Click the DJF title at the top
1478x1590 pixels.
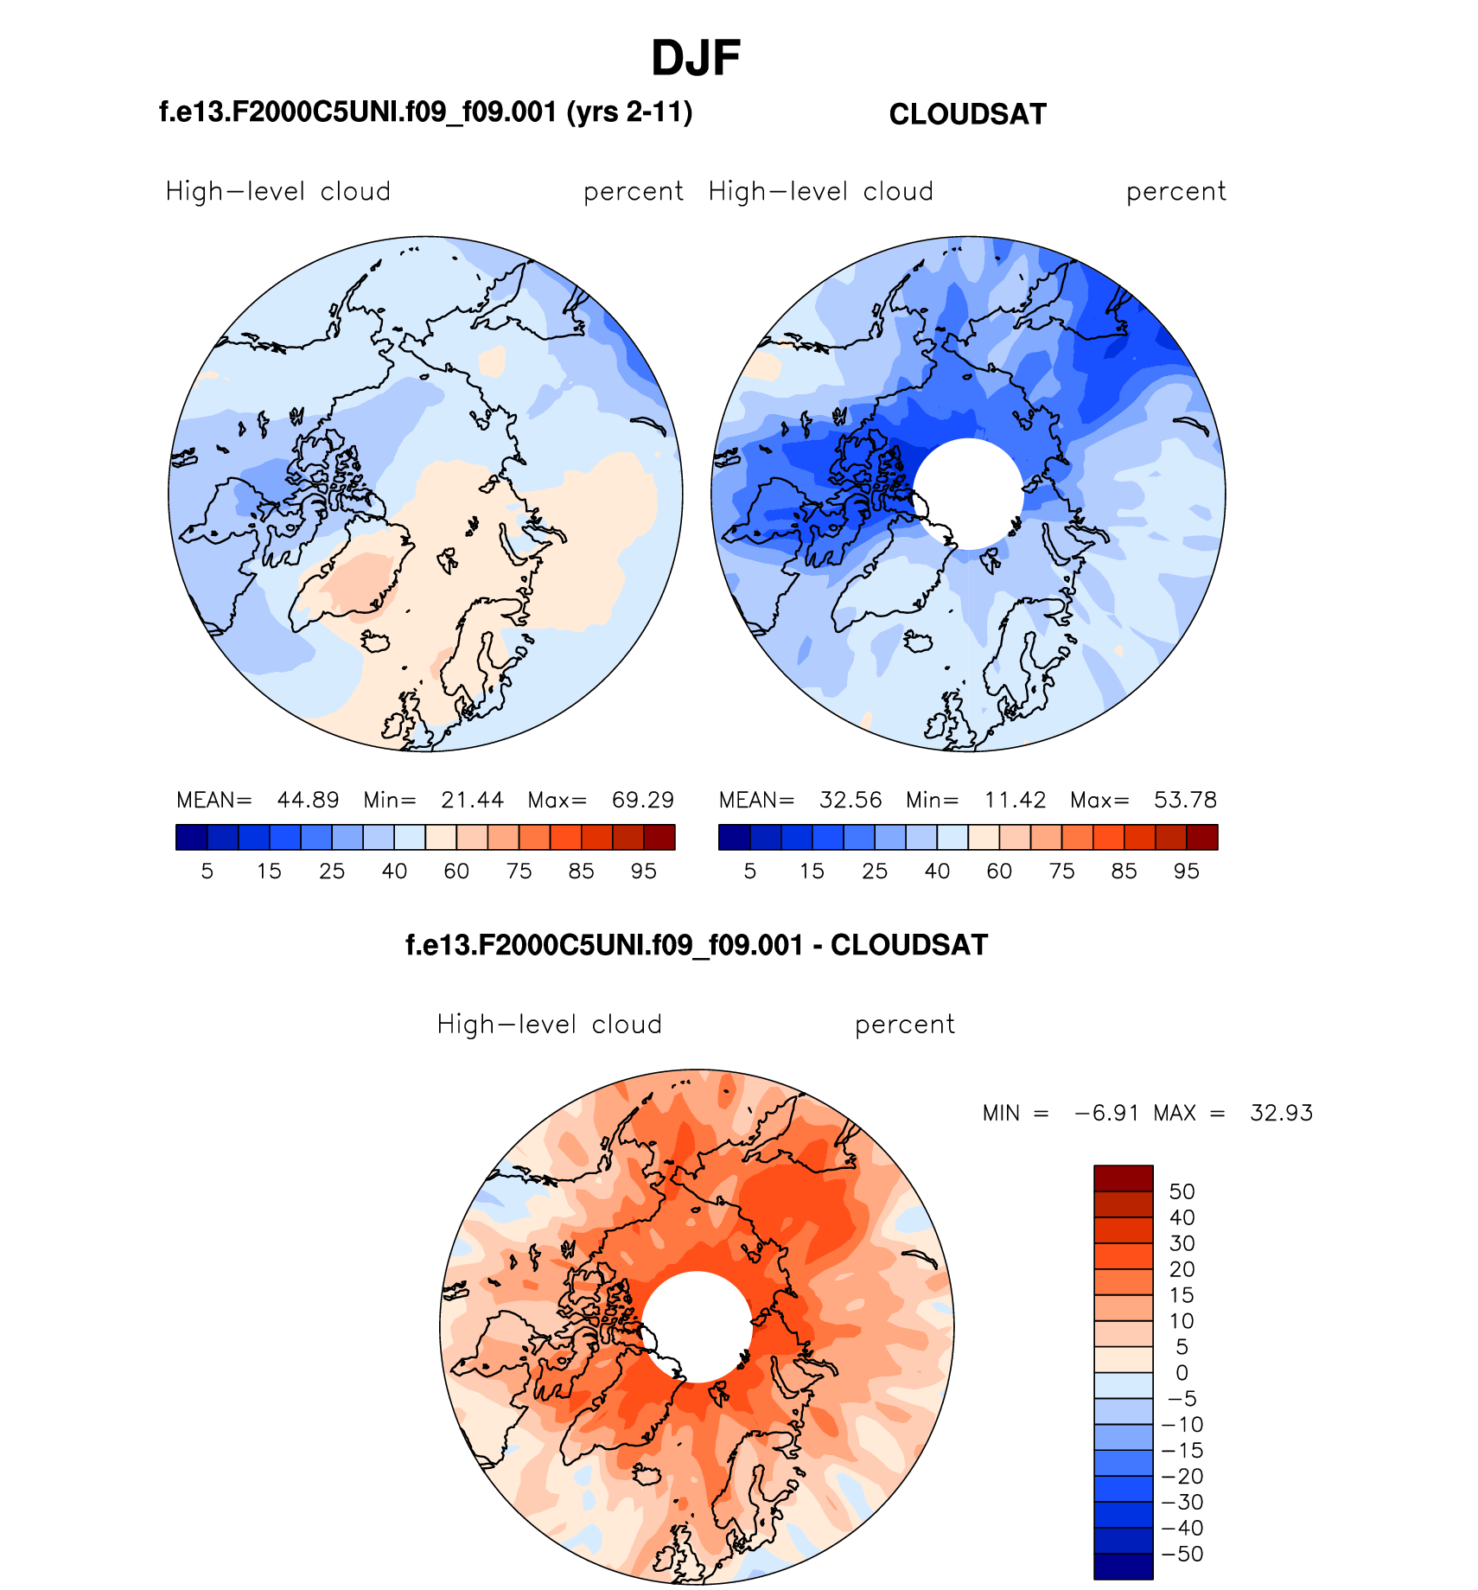point(695,59)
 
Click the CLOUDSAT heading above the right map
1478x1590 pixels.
point(967,114)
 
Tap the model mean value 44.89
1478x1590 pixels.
point(308,800)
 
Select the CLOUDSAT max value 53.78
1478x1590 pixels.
point(1185,800)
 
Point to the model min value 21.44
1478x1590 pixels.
point(472,800)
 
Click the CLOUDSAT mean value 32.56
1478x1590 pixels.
point(850,800)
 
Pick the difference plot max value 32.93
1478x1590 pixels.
point(1281,1113)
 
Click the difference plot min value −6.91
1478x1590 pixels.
point(1106,1113)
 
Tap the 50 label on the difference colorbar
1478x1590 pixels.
point(1182,1191)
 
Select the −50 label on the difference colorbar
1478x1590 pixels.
point(1182,1554)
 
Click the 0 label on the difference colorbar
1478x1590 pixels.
point(1182,1373)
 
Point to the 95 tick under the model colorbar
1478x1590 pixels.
point(644,871)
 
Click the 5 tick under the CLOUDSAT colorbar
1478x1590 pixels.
point(750,871)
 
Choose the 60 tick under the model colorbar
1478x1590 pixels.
point(456,871)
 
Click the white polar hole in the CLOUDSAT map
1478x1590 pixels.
point(968,494)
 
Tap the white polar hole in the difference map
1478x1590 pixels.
point(697,1326)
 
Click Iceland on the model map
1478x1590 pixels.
point(376,642)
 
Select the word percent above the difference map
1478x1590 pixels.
point(904,1025)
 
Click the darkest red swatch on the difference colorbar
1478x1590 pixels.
point(1123,1178)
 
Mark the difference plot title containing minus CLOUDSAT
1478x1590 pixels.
point(697,945)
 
